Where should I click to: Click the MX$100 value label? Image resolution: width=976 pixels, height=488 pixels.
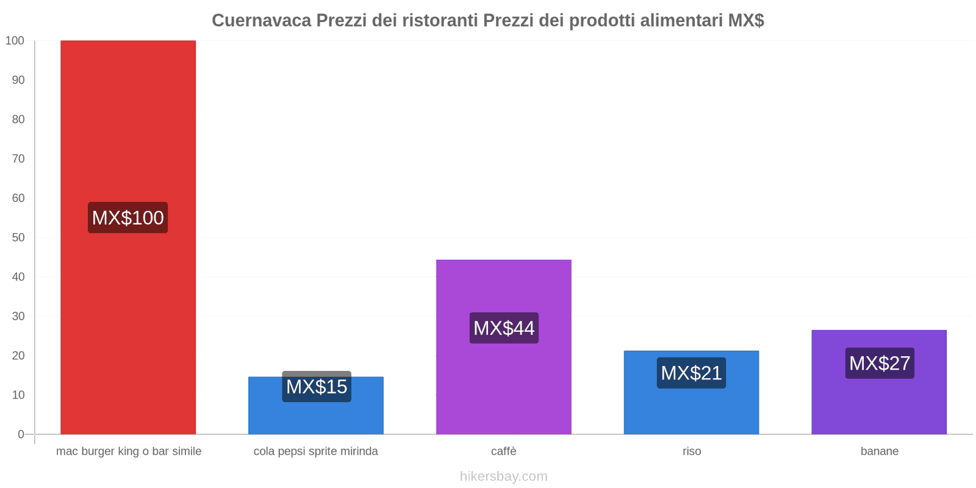click(x=128, y=218)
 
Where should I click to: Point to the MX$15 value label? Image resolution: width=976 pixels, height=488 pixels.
click(x=317, y=387)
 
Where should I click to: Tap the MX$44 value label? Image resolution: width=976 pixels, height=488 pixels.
click(x=504, y=328)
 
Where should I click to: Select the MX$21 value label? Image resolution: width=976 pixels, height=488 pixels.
click(x=691, y=373)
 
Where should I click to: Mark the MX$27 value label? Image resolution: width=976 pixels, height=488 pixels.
click(x=880, y=364)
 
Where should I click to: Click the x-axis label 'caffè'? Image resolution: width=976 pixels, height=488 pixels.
click(x=504, y=451)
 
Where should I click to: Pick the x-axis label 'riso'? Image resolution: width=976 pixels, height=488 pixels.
click(x=692, y=451)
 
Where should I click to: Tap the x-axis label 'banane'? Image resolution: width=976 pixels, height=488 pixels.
click(x=880, y=451)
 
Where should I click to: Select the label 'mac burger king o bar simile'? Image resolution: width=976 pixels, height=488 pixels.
click(x=129, y=451)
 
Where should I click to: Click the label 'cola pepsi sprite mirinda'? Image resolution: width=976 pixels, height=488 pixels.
click(x=316, y=451)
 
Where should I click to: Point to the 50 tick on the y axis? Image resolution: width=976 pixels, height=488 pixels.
click(x=18, y=237)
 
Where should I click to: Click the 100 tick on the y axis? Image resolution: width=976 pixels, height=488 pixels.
click(x=15, y=41)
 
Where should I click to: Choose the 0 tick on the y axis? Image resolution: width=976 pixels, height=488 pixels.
click(x=21, y=434)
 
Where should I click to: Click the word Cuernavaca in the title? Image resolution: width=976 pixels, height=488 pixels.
click(x=261, y=21)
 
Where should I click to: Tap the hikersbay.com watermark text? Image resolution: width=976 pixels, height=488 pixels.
click(x=504, y=476)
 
